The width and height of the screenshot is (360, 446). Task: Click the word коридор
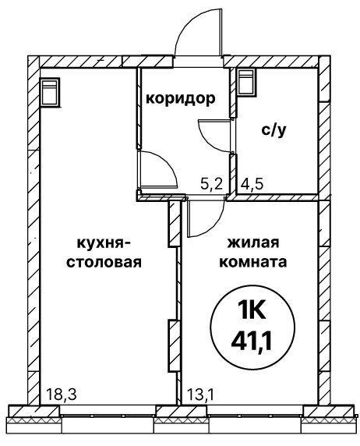click(x=181, y=99)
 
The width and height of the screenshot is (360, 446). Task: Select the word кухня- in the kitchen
click(x=104, y=244)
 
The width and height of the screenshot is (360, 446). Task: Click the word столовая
click(x=104, y=262)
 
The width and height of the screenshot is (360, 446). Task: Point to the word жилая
click(x=252, y=244)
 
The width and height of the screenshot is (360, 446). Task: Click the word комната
click(x=253, y=262)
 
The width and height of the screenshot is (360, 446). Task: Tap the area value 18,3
click(x=61, y=395)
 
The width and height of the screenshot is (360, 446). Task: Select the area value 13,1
click(x=200, y=395)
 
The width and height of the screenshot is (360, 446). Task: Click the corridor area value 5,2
click(x=211, y=185)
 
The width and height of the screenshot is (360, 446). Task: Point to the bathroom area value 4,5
click(x=252, y=184)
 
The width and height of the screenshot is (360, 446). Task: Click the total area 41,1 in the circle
click(x=252, y=341)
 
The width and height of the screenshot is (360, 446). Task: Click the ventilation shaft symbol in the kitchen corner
click(x=51, y=92)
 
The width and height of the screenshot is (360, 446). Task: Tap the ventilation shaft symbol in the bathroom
click(x=247, y=82)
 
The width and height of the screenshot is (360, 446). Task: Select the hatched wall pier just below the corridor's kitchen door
click(x=175, y=223)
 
